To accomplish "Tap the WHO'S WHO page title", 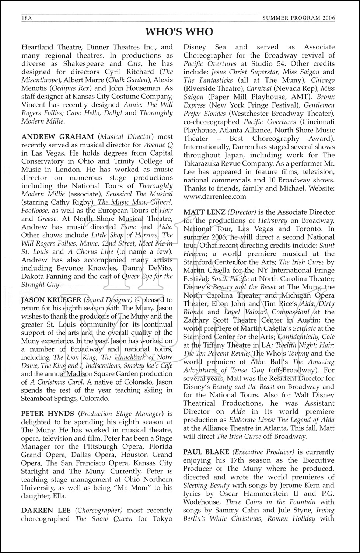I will point(179,32).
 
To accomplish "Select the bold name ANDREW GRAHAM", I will point(48,136).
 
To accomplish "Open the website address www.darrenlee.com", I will point(215,196).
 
